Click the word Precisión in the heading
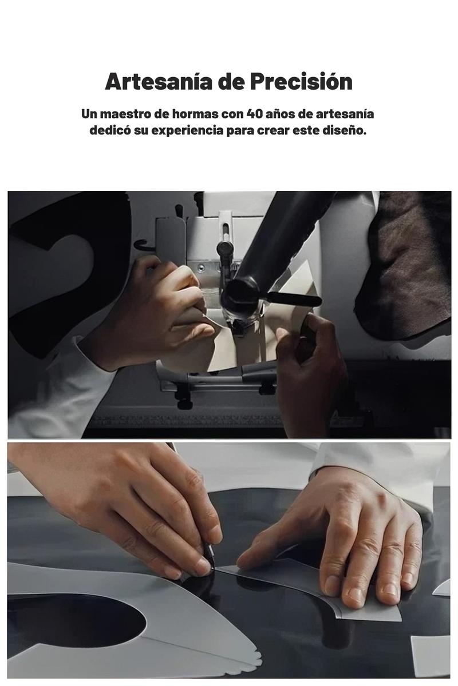click(x=301, y=81)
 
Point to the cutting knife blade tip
click(x=212, y=568)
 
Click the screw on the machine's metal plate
click(x=200, y=267)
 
